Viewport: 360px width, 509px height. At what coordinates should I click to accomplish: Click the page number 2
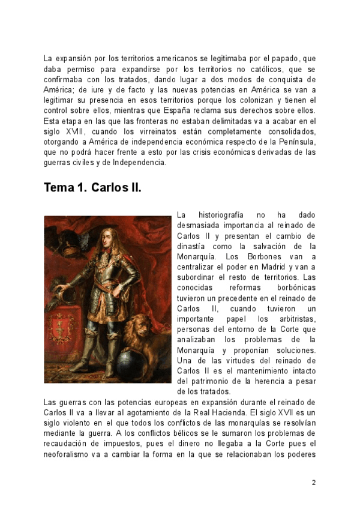point(314,482)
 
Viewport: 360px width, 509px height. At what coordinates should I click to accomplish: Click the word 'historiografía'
point(223,214)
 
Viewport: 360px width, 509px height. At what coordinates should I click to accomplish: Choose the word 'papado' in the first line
point(255,58)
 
